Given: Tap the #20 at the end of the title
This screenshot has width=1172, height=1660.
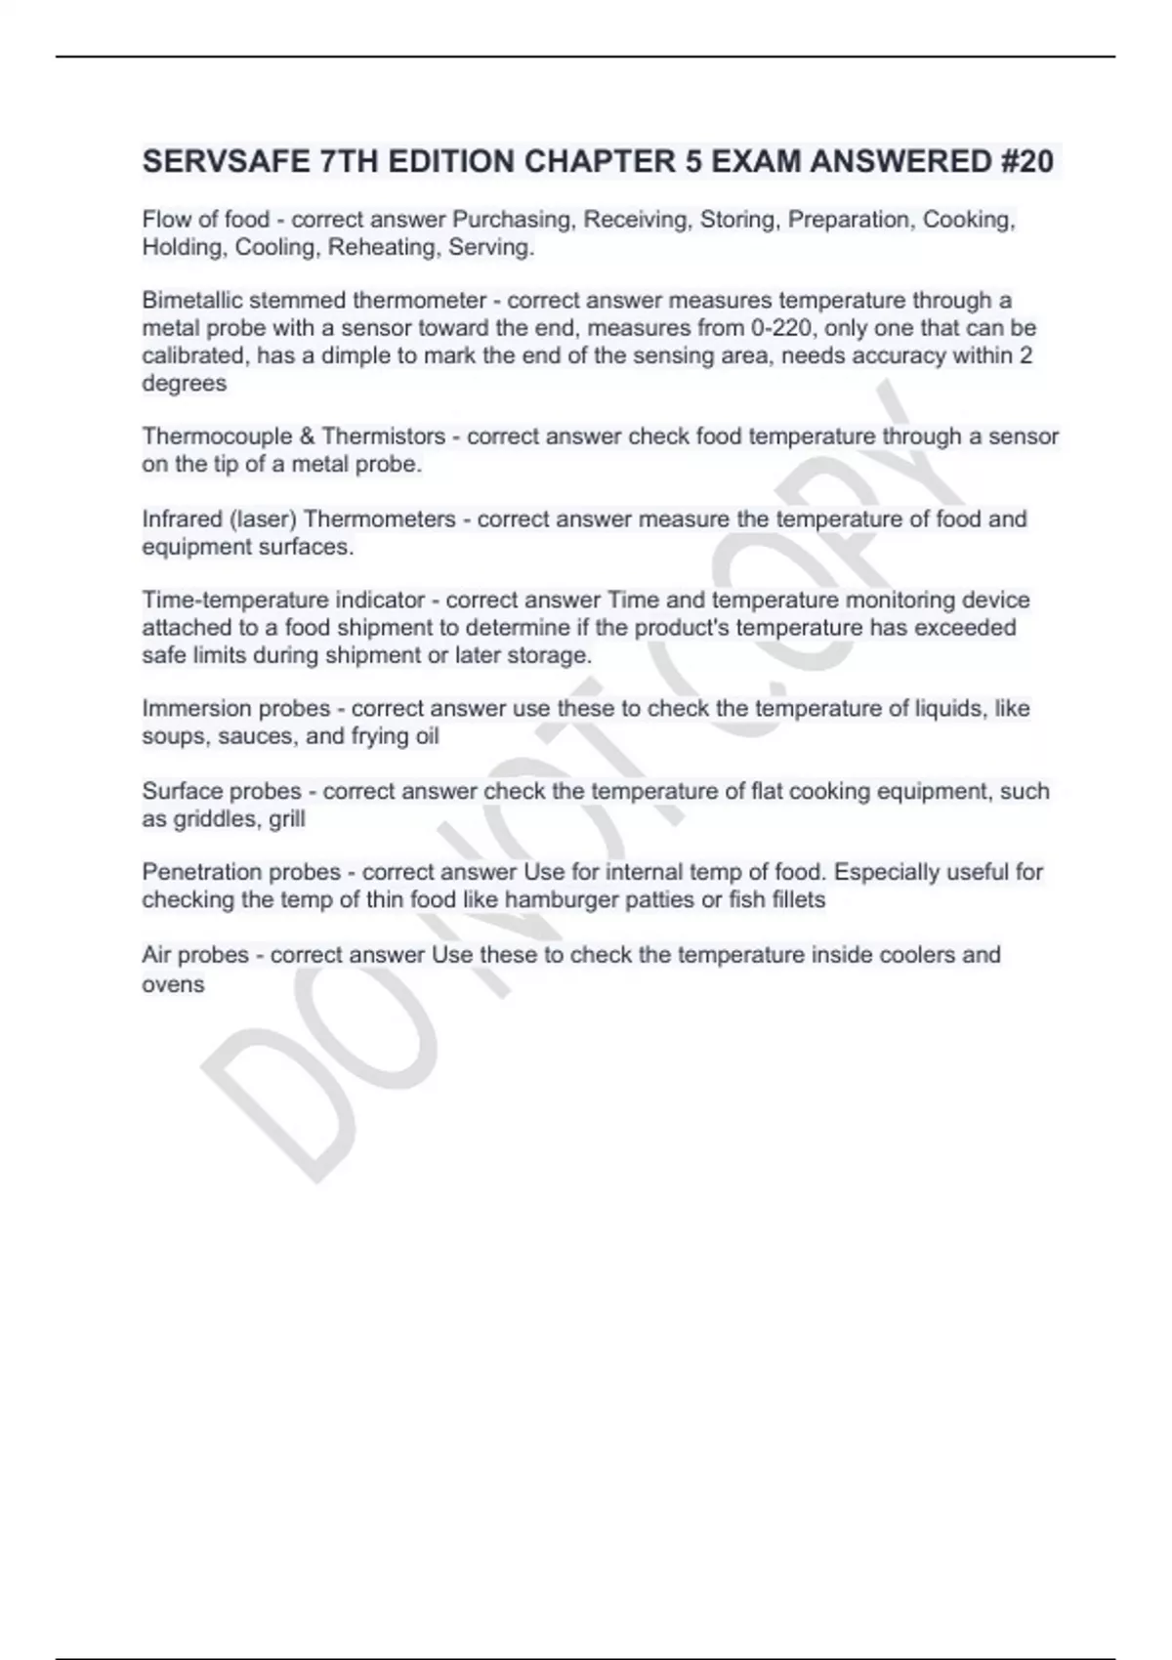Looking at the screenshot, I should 1026,161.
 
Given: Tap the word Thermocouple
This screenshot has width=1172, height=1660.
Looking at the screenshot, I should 217,436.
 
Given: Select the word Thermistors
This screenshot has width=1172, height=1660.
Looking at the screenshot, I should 384,436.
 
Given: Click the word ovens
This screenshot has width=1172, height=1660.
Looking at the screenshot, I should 173,984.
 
